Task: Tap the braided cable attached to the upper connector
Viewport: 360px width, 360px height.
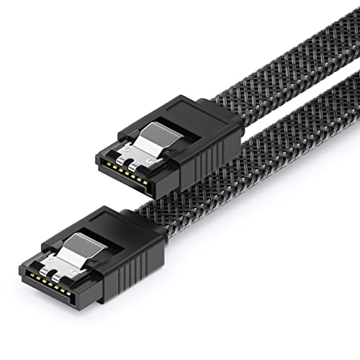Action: (x=281, y=86)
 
